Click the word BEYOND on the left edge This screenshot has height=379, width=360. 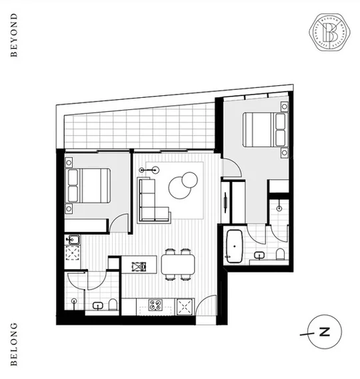click(x=14, y=35)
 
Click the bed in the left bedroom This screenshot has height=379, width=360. click(x=87, y=185)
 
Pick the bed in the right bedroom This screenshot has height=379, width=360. click(x=263, y=130)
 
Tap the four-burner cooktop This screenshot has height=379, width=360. click(x=157, y=306)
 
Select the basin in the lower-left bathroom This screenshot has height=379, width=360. click(x=97, y=306)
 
